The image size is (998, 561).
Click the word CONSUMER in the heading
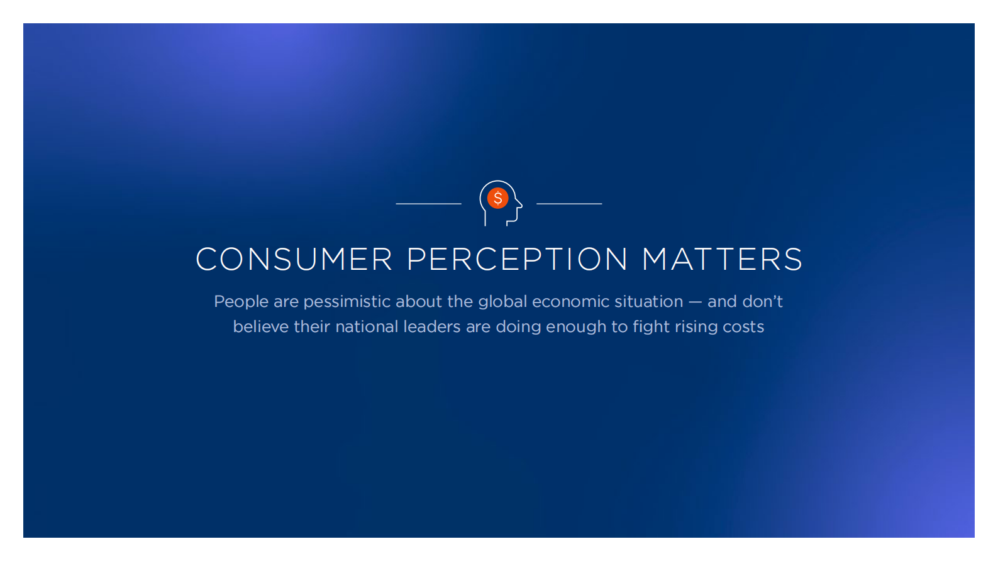tap(294, 259)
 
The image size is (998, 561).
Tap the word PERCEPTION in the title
tap(518, 259)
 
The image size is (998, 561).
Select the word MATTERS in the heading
tap(722, 259)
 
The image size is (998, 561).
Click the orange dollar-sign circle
tap(497, 198)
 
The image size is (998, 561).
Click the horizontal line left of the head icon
tap(429, 204)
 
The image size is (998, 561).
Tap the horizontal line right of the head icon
tap(569, 204)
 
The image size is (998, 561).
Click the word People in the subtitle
tap(241, 302)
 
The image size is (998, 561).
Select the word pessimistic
tap(347, 302)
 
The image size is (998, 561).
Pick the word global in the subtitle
tap(503, 302)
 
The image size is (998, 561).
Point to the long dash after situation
tap(695, 303)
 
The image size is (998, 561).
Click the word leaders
tap(432, 327)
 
